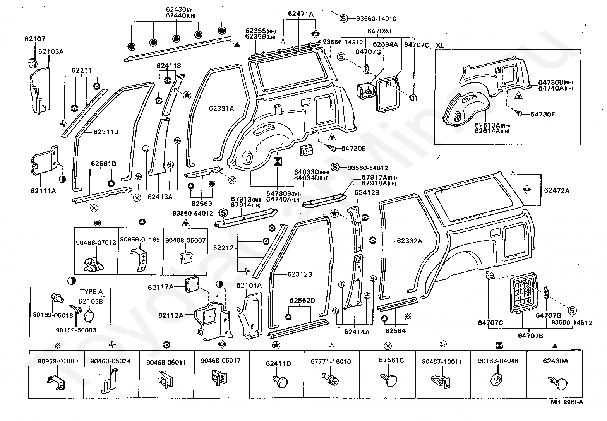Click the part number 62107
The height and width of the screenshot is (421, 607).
pos(35,39)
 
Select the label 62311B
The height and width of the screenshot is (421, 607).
pos(106,132)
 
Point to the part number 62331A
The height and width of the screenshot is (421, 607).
pos(221,108)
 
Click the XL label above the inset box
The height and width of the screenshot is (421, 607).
pos(439,45)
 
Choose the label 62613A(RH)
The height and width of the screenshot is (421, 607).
pos(492,125)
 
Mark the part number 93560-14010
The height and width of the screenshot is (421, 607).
pos(376,19)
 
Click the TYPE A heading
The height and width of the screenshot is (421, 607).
pos(91,292)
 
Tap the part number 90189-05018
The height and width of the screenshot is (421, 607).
pos(53,315)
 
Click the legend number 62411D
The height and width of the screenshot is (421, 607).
pos(278,363)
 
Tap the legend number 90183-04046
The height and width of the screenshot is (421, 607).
pos(498,361)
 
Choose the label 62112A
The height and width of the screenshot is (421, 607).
pos(171,315)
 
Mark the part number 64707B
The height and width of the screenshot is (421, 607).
pos(530,336)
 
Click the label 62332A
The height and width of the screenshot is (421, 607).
pos(409,241)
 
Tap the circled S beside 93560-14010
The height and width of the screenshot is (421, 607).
pos(344,19)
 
